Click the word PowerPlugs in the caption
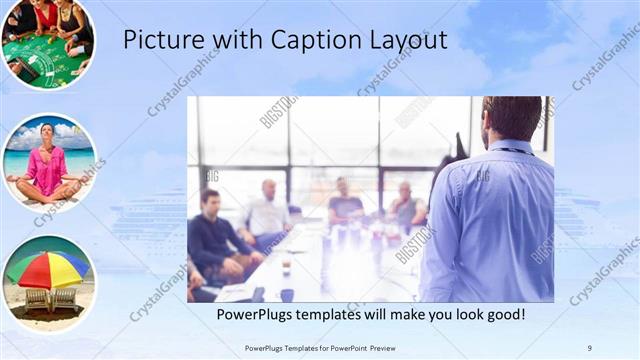point(258,314)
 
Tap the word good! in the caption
point(502,314)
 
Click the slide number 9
point(589,347)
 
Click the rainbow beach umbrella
point(47,268)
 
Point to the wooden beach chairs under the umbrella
point(50,299)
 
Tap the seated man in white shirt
point(268,212)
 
